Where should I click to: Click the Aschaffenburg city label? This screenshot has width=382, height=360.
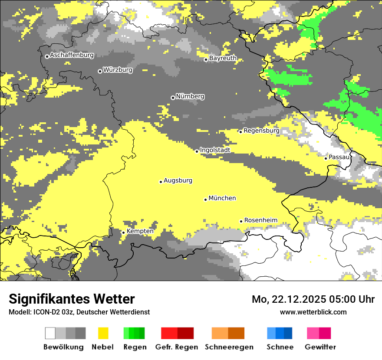point(72,56)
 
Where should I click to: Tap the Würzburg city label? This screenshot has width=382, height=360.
point(118,70)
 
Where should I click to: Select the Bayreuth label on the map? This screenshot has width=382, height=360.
point(223,58)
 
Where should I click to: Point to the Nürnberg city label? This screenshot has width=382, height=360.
point(190,96)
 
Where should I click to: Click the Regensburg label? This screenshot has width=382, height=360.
point(261,131)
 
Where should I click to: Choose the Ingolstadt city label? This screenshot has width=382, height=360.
point(215,150)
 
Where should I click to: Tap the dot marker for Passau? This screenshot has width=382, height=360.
point(326,158)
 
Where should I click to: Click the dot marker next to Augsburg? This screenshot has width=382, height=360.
point(161,182)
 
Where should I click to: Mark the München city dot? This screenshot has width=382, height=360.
point(206,200)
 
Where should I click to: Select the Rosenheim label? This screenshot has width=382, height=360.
point(260,220)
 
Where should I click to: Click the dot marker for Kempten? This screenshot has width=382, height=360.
point(123,232)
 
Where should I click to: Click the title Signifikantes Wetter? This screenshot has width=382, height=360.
point(72,299)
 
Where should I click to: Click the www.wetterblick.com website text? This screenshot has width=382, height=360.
point(313,312)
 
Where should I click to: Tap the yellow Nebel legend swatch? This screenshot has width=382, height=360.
point(103,333)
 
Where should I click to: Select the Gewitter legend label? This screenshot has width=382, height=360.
point(320,347)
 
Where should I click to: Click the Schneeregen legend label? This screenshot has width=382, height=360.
point(229,347)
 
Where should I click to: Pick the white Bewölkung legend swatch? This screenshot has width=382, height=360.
point(50,333)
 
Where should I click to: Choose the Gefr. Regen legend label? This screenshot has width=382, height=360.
point(177,347)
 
